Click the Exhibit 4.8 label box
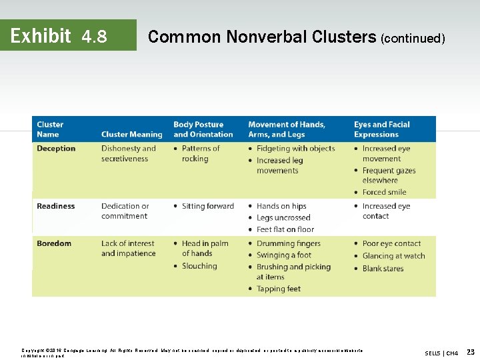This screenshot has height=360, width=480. pyautogui.click(x=68, y=35)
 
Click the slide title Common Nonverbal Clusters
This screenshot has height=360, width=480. pyautogui.click(x=261, y=37)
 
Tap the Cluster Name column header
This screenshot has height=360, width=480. pyautogui.click(x=51, y=129)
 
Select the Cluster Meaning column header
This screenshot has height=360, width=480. pyautogui.click(x=131, y=134)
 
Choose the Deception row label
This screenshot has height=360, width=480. pyautogui.click(x=56, y=149)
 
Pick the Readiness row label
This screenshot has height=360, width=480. pyautogui.click(x=56, y=206)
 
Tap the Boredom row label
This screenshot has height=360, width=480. pyautogui.click(x=54, y=243)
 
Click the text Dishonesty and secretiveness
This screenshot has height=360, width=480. pyautogui.click(x=128, y=154)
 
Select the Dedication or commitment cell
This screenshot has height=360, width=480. pyautogui.click(x=125, y=211)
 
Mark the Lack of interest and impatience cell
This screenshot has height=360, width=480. pyautogui.click(x=128, y=249)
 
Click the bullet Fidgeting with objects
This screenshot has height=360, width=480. pyautogui.click(x=295, y=149)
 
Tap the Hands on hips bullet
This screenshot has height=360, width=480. pyautogui.click(x=281, y=206)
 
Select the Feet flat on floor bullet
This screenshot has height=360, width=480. pyautogui.click(x=285, y=229)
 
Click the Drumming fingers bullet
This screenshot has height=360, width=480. pyautogui.click(x=288, y=243)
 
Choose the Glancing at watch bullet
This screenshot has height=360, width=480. pyautogui.click(x=393, y=255)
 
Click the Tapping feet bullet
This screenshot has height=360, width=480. pyautogui.click(x=278, y=289)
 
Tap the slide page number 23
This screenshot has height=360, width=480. pyautogui.click(x=471, y=351)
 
